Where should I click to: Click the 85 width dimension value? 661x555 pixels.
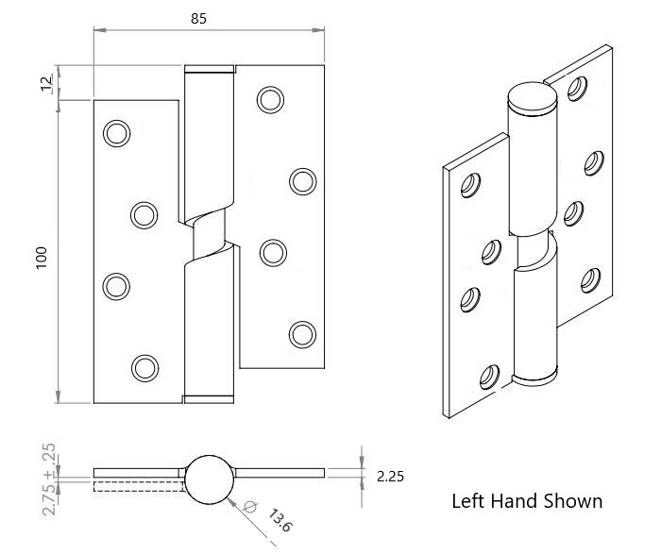pos(198,19)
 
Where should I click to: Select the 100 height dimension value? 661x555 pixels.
pos(42,259)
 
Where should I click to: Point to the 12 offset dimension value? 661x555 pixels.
pos(46,82)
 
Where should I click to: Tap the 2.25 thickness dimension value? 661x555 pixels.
pos(390,477)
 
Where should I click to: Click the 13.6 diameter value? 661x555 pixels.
pos(280,520)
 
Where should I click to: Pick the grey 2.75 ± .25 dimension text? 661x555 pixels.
pos(49,479)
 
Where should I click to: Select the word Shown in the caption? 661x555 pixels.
pos(573,501)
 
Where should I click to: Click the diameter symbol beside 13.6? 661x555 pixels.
pos(249,506)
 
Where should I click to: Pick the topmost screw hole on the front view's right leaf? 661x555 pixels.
pos(270,100)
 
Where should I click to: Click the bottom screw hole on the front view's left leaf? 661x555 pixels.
pos(145,368)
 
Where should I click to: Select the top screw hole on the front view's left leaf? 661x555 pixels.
pos(117,134)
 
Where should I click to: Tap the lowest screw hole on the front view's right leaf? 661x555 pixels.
pos(303,334)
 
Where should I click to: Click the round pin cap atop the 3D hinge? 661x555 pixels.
pos(533,98)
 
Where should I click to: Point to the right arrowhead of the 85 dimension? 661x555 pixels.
pos(318,30)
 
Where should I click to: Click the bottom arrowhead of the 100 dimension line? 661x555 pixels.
pos(58,396)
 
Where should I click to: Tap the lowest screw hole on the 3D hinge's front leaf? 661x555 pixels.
pos(489,377)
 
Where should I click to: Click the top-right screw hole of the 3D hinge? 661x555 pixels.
pos(577,89)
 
